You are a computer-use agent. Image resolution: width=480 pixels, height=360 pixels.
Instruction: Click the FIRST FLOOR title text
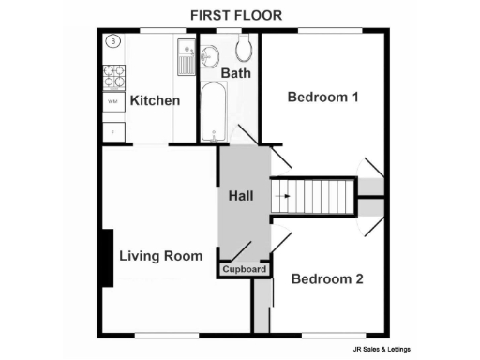(x=235, y=15)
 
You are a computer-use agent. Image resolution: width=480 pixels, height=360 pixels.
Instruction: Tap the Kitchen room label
(x=155, y=100)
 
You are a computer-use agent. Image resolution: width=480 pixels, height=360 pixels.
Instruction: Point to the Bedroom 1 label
(x=324, y=97)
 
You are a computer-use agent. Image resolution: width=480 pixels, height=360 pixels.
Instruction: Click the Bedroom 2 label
(x=327, y=278)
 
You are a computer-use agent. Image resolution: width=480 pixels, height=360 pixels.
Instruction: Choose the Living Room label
(x=161, y=255)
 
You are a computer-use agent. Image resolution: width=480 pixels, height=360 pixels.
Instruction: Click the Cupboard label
(x=246, y=270)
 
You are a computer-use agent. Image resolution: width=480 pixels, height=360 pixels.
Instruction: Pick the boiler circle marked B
(x=112, y=41)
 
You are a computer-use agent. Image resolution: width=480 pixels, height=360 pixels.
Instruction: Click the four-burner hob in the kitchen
(x=113, y=76)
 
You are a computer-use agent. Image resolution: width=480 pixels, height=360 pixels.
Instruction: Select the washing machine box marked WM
(x=112, y=100)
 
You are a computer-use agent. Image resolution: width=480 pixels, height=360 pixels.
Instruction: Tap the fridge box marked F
(x=112, y=130)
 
